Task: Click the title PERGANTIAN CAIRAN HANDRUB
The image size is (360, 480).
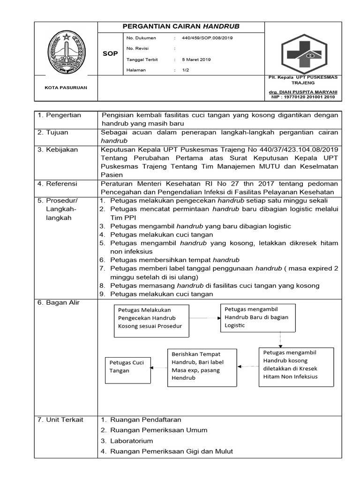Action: (181, 27)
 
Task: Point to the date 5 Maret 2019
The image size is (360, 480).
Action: (198, 60)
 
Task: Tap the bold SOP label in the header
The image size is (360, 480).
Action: (110, 54)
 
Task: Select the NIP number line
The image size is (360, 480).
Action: (303, 97)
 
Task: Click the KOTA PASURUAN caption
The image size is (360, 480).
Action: (66, 88)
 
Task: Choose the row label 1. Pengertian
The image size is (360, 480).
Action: (60, 115)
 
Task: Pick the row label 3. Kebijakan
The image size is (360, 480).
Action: (60, 150)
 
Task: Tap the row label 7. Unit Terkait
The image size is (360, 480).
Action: (60, 420)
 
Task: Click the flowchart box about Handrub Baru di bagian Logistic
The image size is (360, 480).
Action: (258, 317)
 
